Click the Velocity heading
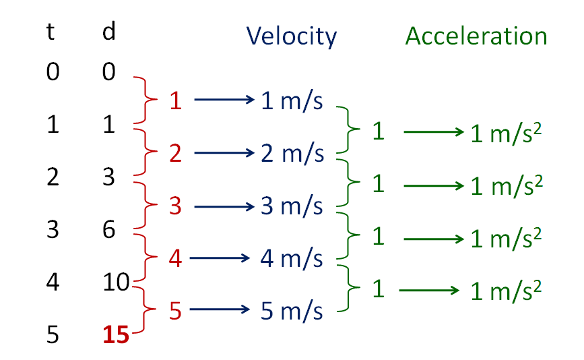click(x=291, y=36)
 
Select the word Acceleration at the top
click(x=476, y=36)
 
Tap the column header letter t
click(x=50, y=34)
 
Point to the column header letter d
click(x=108, y=34)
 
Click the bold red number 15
click(x=115, y=335)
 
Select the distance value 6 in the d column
click(x=108, y=230)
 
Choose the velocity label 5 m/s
click(x=292, y=311)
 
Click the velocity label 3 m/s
click(x=292, y=206)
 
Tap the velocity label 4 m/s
click(x=292, y=258)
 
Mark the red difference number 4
click(x=176, y=258)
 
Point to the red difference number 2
click(x=176, y=154)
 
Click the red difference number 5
click(x=176, y=311)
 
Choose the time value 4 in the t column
click(x=53, y=282)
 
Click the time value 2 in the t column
click(x=53, y=178)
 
